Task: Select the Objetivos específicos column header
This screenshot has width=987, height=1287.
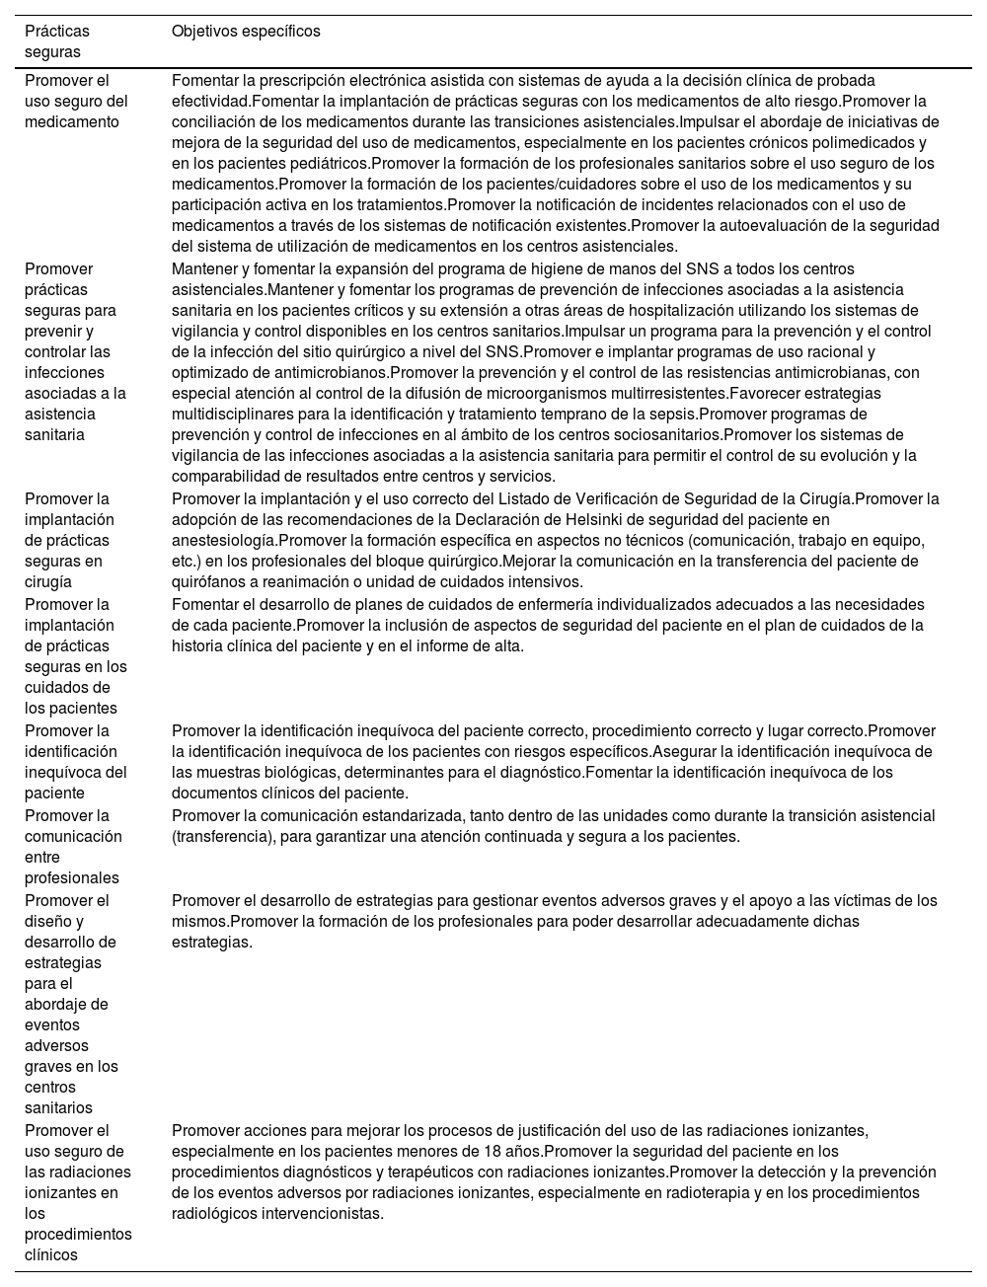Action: click(246, 32)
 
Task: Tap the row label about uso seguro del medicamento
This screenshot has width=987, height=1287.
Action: click(76, 101)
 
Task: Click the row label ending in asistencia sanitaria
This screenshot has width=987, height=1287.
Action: click(75, 351)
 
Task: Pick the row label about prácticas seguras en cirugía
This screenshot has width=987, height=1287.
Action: click(69, 540)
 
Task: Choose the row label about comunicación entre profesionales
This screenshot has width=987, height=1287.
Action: click(73, 847)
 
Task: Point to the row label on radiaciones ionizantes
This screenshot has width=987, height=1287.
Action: click(78, 1192)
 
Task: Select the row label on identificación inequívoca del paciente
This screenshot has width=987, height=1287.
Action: click(76, 762)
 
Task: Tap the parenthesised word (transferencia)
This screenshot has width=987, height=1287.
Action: click(223, 836)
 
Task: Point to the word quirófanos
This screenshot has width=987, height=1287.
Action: click(205, 581)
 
